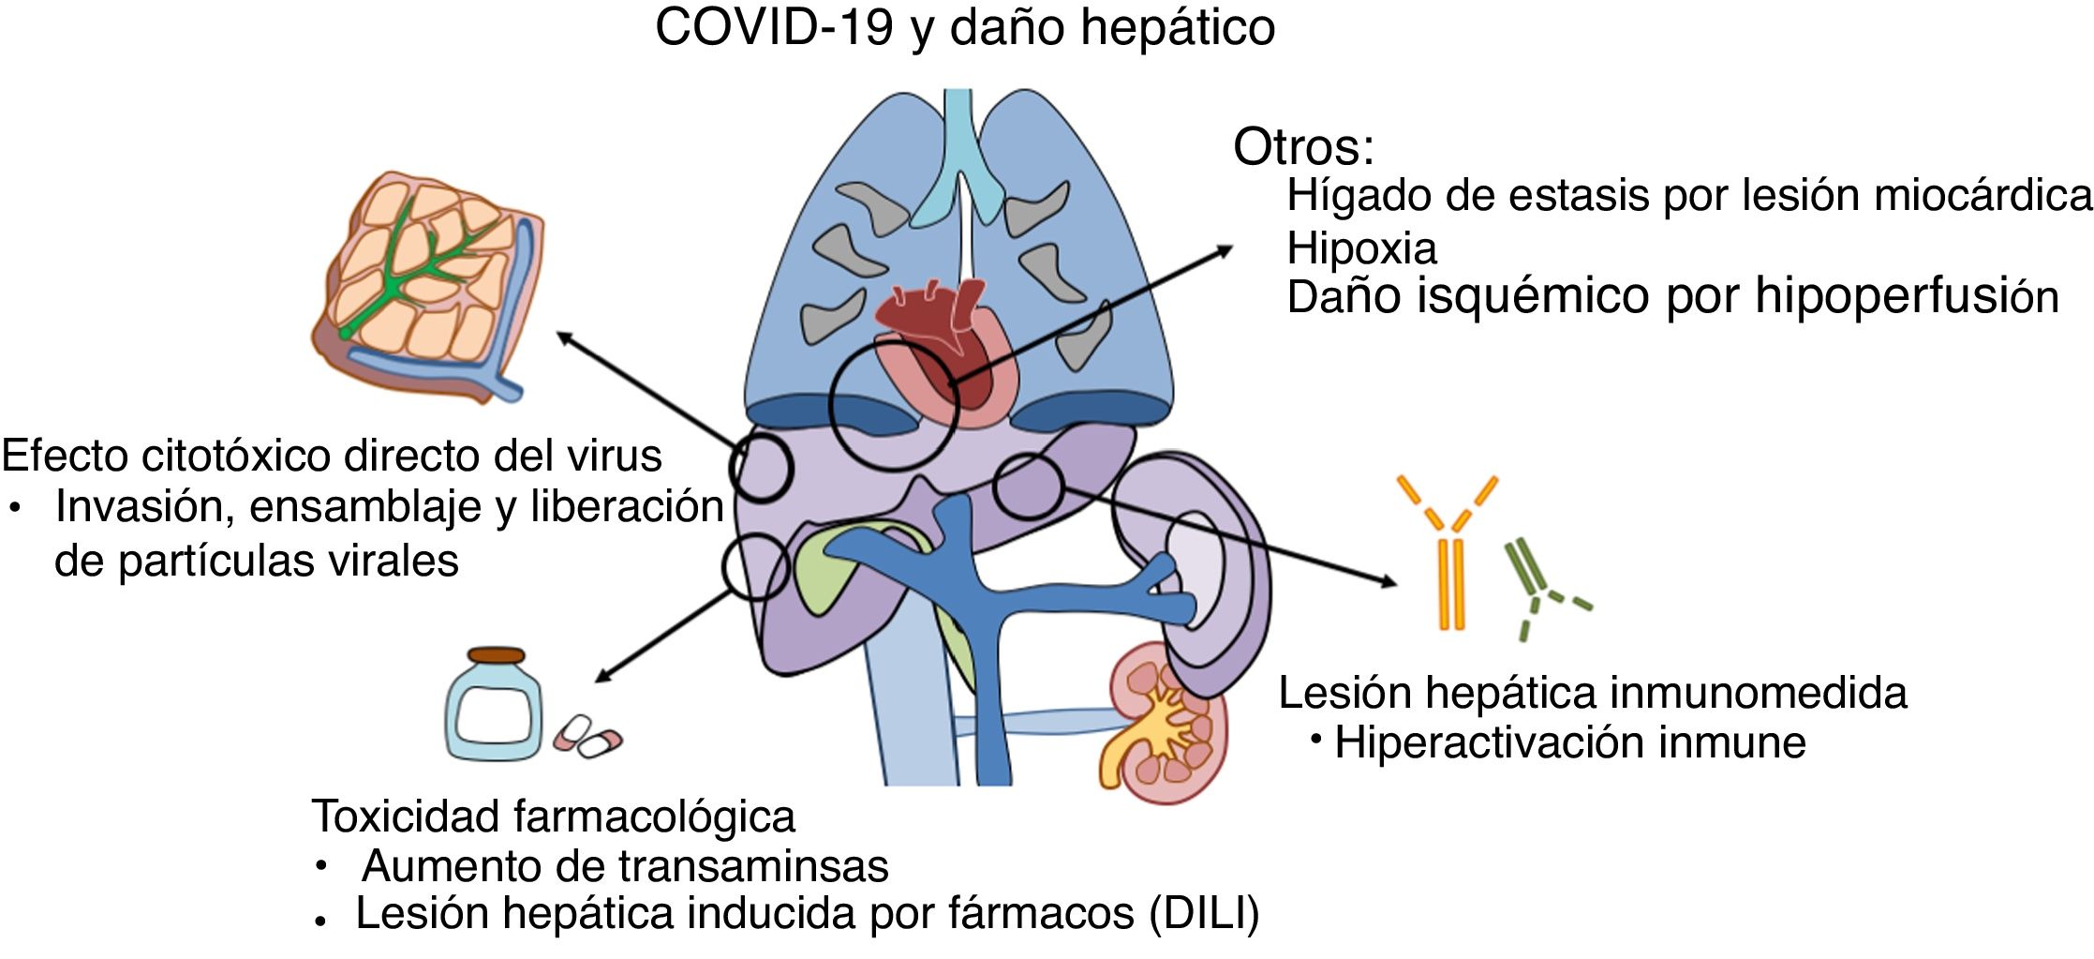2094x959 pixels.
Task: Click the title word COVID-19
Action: click(773, 26)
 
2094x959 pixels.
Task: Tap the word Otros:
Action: click(1303, 147)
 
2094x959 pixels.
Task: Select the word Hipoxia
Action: click(1361, 248)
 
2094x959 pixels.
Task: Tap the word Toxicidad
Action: click(408, 816)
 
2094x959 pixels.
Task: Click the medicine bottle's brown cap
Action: click(496, 654)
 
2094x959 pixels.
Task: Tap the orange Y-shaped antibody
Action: click(1448, 553)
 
